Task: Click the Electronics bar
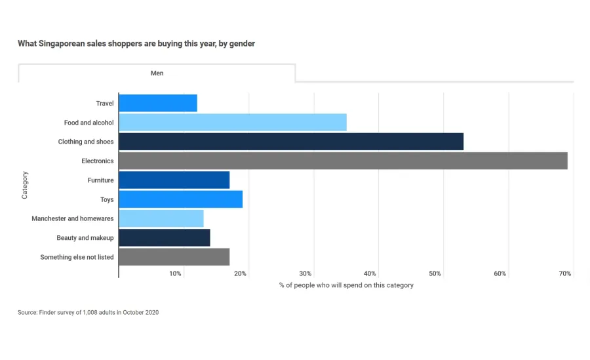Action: click(343, 161)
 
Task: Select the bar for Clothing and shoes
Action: click(291, 142)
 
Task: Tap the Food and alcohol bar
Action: click(233, 123)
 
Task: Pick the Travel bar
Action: click(158, 103)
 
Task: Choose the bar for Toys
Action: click(181, 199)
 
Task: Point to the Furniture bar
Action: click(174, 180)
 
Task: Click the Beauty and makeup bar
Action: click(165, 237)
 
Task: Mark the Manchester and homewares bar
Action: click(161, 218)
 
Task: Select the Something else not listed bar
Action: click(174, 257)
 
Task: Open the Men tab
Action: click(157, 73)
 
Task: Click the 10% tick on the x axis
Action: click(175, 273)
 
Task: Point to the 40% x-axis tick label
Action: click(370, 273)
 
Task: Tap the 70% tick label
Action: click(565, 273)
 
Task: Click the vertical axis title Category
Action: click(25, 185)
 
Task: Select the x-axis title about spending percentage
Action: click(346, 285)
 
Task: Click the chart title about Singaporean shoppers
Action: click(136, 44)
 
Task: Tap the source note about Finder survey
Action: click(88, 312)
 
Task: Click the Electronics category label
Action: click(97, 161)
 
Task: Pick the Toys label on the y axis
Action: click(106, 199)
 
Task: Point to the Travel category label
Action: click(104, 103)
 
